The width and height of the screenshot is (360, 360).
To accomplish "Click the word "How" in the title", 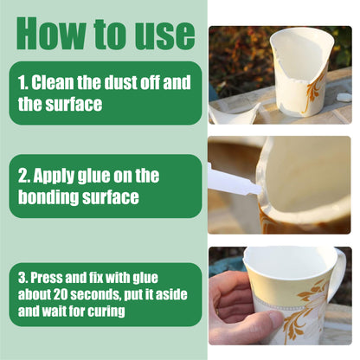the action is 51,34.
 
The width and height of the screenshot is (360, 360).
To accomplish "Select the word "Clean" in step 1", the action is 53,82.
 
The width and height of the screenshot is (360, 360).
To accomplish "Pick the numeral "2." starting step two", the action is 23,176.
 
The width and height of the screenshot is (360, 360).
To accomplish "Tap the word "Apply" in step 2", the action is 54,176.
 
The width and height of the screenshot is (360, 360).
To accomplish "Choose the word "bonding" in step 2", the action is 48,197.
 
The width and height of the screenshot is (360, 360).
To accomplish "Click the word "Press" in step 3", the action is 47,278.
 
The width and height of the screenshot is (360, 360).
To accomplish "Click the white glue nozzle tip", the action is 258,190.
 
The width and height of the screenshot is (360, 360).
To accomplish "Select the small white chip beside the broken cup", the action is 344,97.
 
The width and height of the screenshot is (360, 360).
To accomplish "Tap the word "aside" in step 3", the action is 171,294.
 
